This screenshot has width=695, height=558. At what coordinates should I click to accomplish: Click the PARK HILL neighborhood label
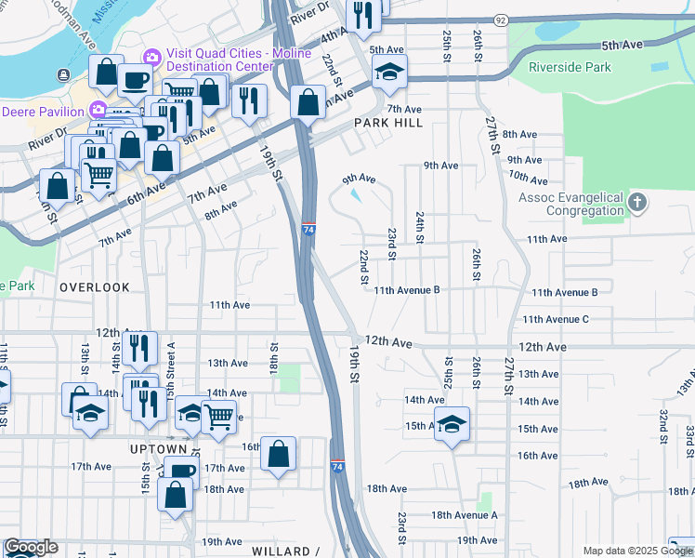pyautogui.click(x=387, y=123)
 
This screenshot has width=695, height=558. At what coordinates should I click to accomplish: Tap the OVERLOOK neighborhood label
pyautogui.click(x=95, y=287)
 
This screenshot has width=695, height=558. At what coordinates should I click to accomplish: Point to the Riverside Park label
pyautogui.click(x=570, y=67)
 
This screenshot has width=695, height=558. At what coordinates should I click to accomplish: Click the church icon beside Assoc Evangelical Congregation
pyautogui.click(x=637, y=202)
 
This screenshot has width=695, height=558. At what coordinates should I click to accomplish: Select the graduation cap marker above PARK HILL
pyautogui.click(x=389, y=71)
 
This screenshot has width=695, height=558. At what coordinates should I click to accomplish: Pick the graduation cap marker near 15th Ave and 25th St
pyautogui.click(x=452, y=424)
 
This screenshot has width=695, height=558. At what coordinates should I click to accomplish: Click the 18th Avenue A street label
pyautogui.click(x=466, y=514)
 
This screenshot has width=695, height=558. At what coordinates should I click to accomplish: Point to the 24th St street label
pyautogui.click(x=420, y=227)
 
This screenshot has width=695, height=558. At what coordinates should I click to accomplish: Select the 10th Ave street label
pyautogui.click(x=528, y=177)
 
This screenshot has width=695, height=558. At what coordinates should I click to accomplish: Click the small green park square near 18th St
pyautogui.click(x=291, y=378)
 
